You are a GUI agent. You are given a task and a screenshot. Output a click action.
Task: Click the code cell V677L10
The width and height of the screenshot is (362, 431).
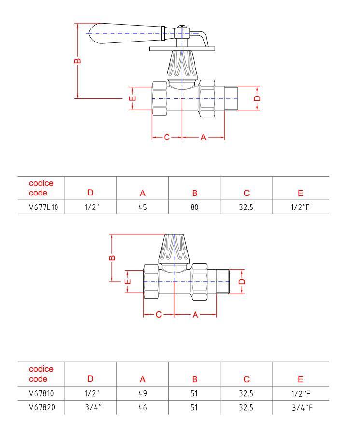[43, 207]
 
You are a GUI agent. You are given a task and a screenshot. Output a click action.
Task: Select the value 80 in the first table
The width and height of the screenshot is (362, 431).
[195, 207]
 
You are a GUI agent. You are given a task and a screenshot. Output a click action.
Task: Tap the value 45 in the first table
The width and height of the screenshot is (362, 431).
[143, 207]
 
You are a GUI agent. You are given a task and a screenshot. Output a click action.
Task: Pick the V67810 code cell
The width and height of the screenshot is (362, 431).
[42, 394]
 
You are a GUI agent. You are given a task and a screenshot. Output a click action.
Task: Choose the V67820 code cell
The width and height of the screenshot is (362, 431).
[42, 407]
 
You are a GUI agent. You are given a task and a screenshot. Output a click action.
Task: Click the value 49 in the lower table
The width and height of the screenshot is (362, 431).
[143, 394]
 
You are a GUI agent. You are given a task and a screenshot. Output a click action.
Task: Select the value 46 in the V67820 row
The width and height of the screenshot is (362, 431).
[143, 407]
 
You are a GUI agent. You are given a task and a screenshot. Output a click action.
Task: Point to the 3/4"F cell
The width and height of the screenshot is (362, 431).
[302, 408]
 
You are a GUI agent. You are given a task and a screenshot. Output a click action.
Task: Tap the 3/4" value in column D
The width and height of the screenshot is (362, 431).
[94, 407]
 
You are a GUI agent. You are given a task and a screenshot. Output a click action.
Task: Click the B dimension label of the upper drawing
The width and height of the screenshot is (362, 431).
[78, 61]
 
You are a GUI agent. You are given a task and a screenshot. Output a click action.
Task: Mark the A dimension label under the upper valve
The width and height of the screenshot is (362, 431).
[203, 137]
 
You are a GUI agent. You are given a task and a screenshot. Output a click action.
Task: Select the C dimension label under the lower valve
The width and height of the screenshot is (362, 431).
[159, 315]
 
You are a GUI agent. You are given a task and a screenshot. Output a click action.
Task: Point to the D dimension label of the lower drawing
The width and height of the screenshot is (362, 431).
[242, 282]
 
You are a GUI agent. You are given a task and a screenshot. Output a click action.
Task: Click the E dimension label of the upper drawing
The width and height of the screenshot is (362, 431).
[132, 98]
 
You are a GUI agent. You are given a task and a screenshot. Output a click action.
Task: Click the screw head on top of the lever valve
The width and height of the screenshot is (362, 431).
[182, 27]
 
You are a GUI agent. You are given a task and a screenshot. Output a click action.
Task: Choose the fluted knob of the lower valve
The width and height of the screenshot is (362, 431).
[174, 248]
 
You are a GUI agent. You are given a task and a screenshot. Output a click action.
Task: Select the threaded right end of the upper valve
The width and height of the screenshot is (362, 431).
[231, 98]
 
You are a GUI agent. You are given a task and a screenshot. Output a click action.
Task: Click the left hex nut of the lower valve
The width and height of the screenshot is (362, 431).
[152, 282]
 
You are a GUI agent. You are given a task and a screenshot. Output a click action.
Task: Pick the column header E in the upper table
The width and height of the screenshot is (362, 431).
[300, 193]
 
